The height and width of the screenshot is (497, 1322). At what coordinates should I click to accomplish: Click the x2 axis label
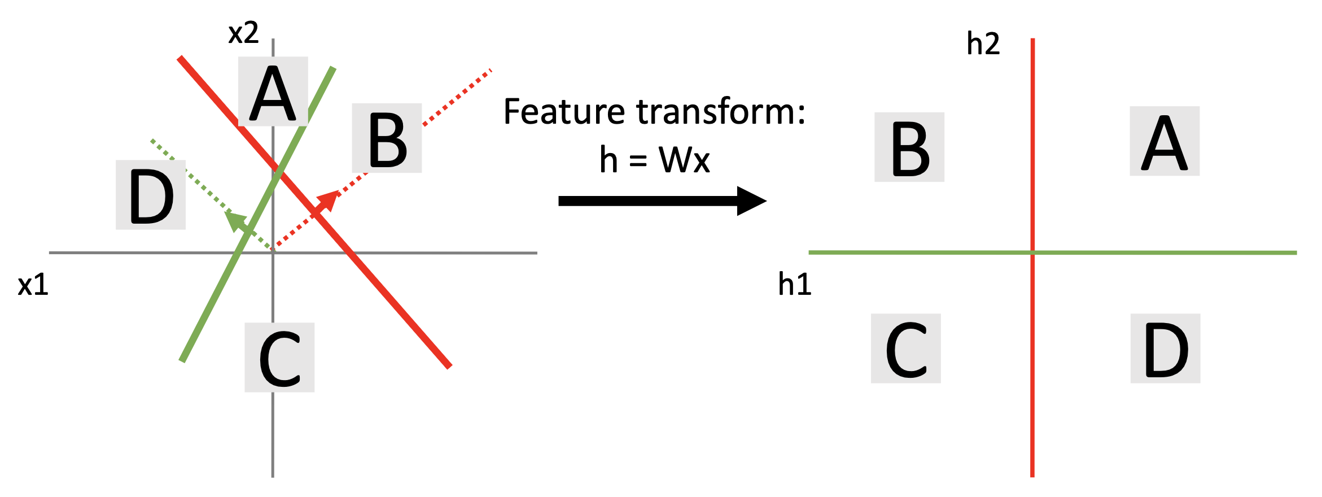pyautogui.click(x=243, y=33)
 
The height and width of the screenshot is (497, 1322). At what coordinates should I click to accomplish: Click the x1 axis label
pyautogui.click(x=33, y=285)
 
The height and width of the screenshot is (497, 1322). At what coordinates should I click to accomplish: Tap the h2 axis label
pyautogui.click(x=983, y=43)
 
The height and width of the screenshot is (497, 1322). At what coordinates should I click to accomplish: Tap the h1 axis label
pyautogui.click(x=794, y=284)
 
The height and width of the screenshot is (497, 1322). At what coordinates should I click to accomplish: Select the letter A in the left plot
pyautogui.click(x=273, y=93)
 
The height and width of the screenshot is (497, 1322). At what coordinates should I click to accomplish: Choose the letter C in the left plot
pyautogui.click(x=279, y=358)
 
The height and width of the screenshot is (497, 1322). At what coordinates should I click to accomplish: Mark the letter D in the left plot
pyautogui.click(x=151, y=195)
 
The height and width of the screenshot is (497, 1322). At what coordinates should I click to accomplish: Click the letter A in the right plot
pyautogui.click(x=1164, y=142)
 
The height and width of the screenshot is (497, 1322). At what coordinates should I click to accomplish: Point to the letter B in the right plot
pyautogui.click(x=909, y=148)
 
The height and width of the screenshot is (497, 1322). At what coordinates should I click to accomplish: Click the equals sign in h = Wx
pyautogui.click(x=638, y=161)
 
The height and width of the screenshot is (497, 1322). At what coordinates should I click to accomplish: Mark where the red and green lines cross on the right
pyautogui.click(x=1032, y=252)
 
